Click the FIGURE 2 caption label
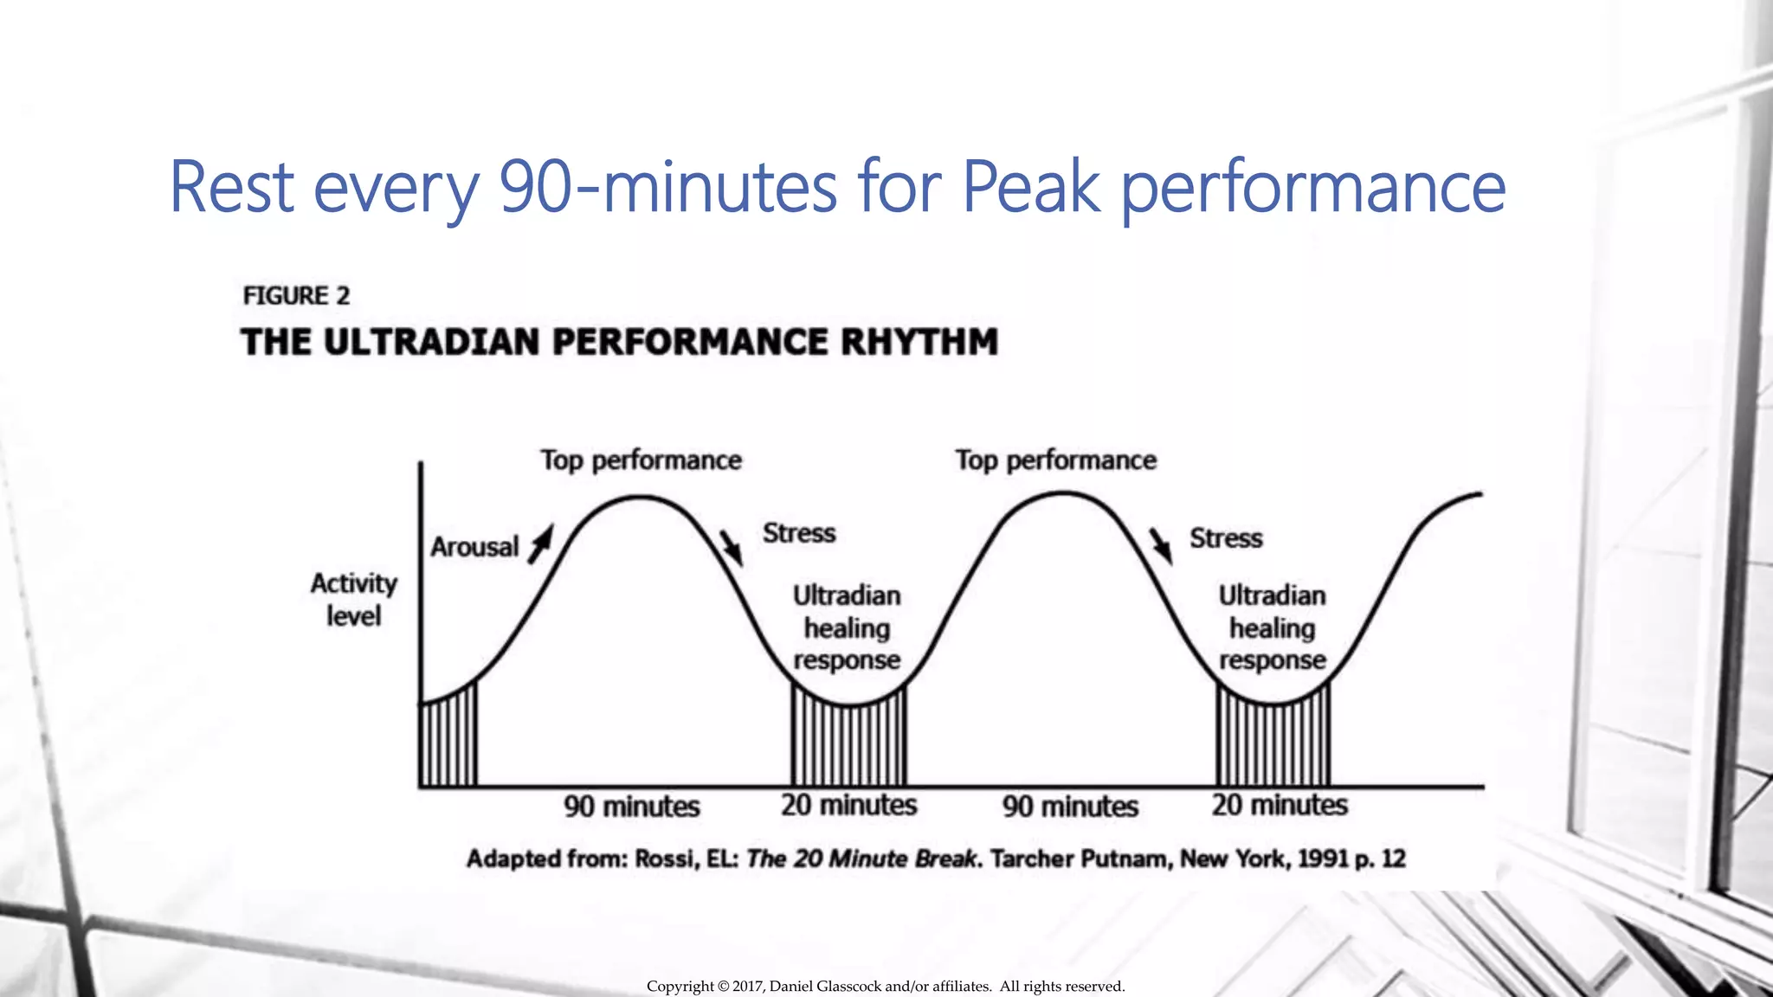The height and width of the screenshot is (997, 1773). pyautogui.click(x=296, y=296)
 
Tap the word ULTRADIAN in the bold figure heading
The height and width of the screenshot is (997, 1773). pyautogui.click(x=433, y=342)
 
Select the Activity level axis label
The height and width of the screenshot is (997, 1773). pyautogui.click(x=353, y=600)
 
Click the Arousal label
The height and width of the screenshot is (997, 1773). pyautogui.click(x=474, y=547)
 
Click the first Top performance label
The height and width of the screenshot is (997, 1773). pyautogui.click(x=641, y=460)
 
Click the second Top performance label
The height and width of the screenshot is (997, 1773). pyautogui.click(x=1055, y=460)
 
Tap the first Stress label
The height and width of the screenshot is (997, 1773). pyautogui.click(x=799, y=533)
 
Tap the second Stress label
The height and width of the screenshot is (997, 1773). pyautogui.click(x=1226, y=538)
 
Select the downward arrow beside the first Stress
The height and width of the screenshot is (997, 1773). pyautogui.click(x=732, y=547)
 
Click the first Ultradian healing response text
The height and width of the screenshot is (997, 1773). pyautogui.click(x=847, y=627)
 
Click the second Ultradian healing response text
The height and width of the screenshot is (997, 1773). pyautogui.click(x=1272, y=627)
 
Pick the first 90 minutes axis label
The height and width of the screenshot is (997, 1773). pyautogui.click(x=631, y=807)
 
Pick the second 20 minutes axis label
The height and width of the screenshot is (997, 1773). pyautogui.click(x=1280, y=805)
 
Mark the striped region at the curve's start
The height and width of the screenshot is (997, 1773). pyautogui.click(x=448, y=740)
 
